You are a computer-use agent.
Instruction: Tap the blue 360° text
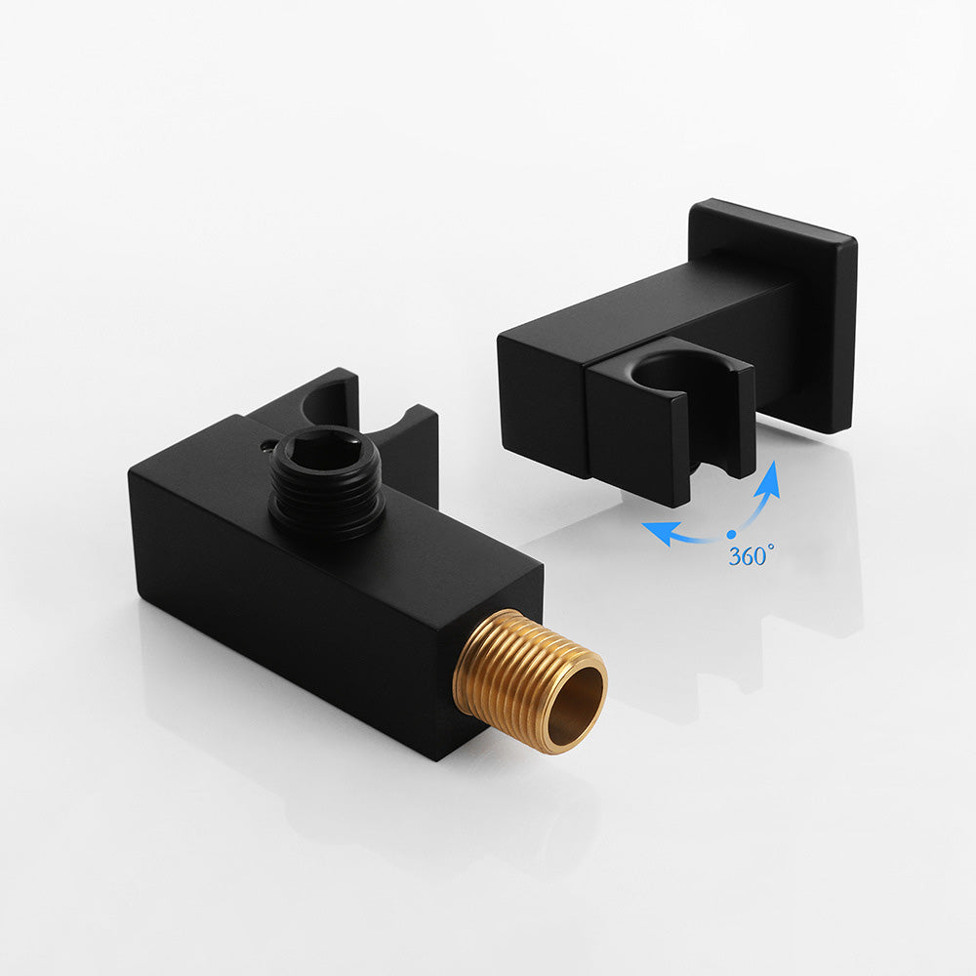pos(749,557)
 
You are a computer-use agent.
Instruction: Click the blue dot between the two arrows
pos(731,534)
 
